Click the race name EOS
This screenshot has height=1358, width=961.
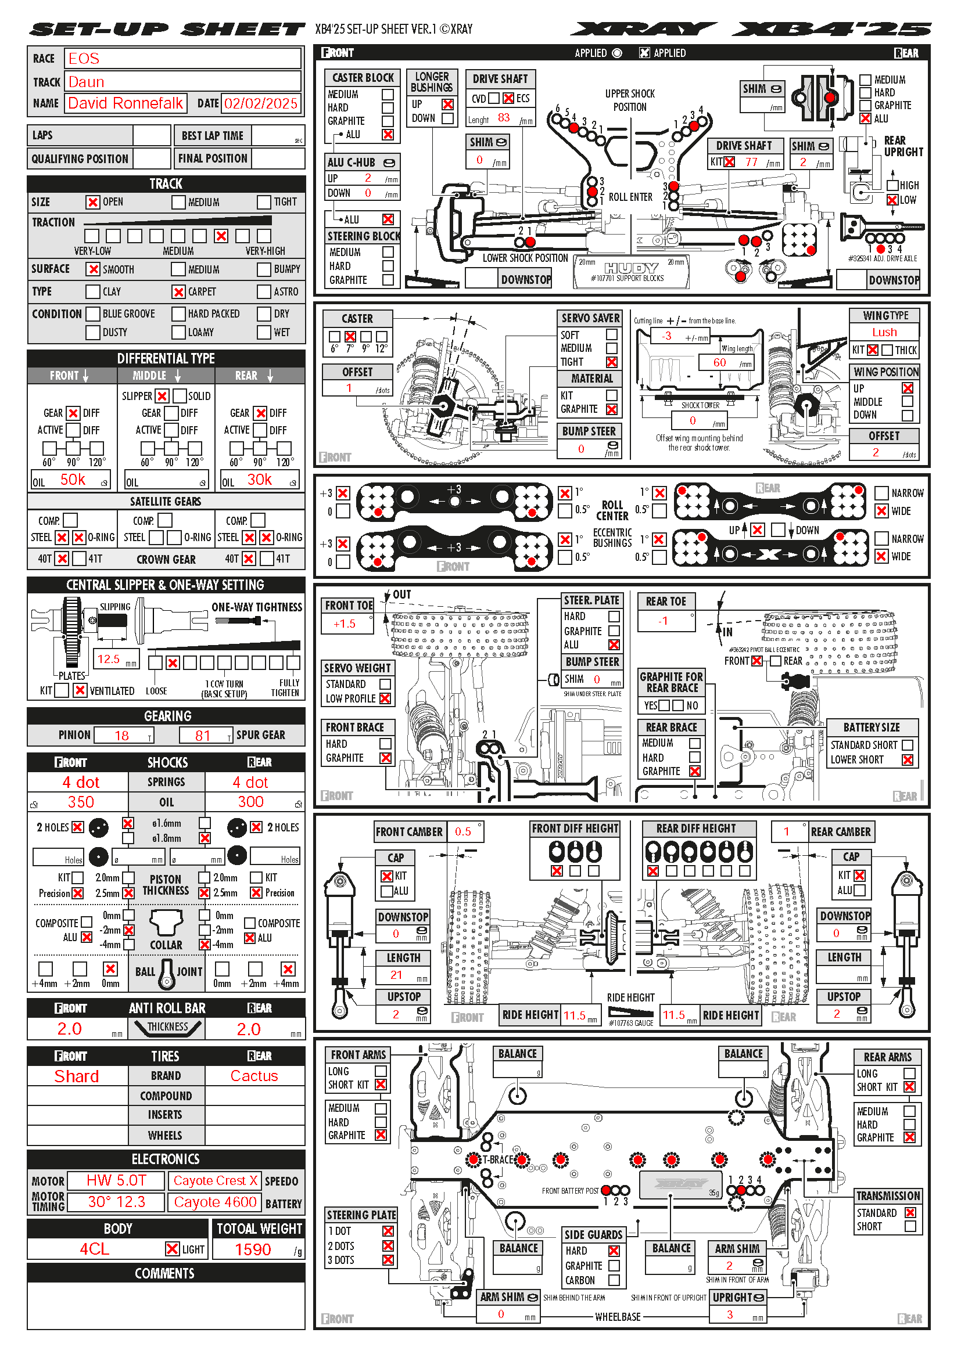84,59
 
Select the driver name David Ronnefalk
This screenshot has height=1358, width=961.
125,103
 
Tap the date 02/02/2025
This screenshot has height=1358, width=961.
260,104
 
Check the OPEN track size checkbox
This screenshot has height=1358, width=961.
92,202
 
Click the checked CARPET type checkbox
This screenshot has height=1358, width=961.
179,291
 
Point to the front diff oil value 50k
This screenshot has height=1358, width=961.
73,480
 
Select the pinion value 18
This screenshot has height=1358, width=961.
122,735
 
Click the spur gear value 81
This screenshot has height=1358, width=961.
203,735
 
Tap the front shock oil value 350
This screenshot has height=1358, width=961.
81,802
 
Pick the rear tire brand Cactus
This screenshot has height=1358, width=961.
254,1076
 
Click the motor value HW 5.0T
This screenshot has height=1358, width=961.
116,1180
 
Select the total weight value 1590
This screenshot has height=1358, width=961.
253,1249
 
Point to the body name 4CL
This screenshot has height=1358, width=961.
95,1249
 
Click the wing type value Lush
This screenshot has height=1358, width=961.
884,333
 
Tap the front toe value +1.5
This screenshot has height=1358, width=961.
345,624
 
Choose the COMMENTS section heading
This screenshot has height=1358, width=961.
165,1273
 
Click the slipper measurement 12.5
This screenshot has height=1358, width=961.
108,659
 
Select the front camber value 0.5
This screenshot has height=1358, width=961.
462,831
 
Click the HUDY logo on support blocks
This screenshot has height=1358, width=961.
631,268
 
